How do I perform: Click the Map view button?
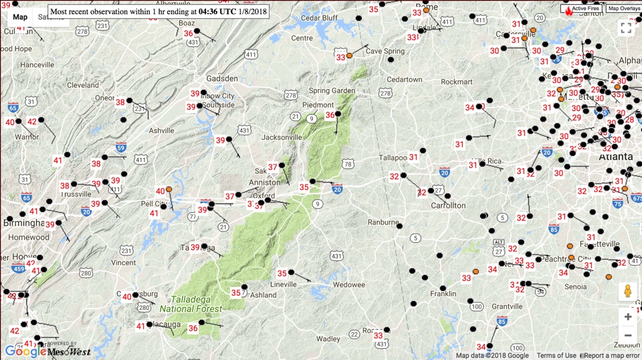click(x=20, y=17)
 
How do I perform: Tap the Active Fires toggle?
click(x=580, y=9)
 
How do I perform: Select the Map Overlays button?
click(x=623, y=9)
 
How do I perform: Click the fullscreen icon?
click(x=626, y=27)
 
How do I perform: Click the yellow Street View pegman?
click(x=627, y=292)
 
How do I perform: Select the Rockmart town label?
click(x=456, y=82)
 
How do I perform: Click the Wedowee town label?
click(x=349, y=284)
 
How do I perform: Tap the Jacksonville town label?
click(x=282, y=137)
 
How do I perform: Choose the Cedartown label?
click(x=404, y=80)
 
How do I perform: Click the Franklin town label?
click(x=443, y=294)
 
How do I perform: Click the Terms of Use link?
click(x=556, y=355)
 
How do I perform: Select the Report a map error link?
click(x=612, y=355)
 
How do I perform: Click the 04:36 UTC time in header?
click(x=216, y=11)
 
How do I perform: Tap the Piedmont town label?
click(x=318, y=105)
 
